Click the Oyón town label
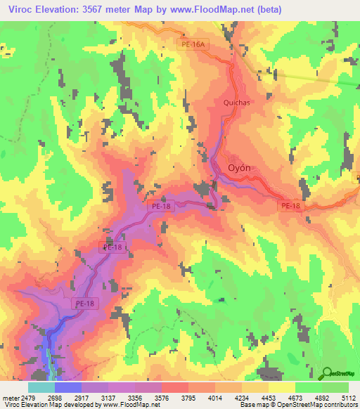[x=240, y=168]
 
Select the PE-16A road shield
[x=193, y=44]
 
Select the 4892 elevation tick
[x=321, y=397]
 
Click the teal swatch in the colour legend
[x=41, y=387]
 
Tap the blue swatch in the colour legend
[x=68, y=387]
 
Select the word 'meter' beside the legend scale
[x=11, y=397]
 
